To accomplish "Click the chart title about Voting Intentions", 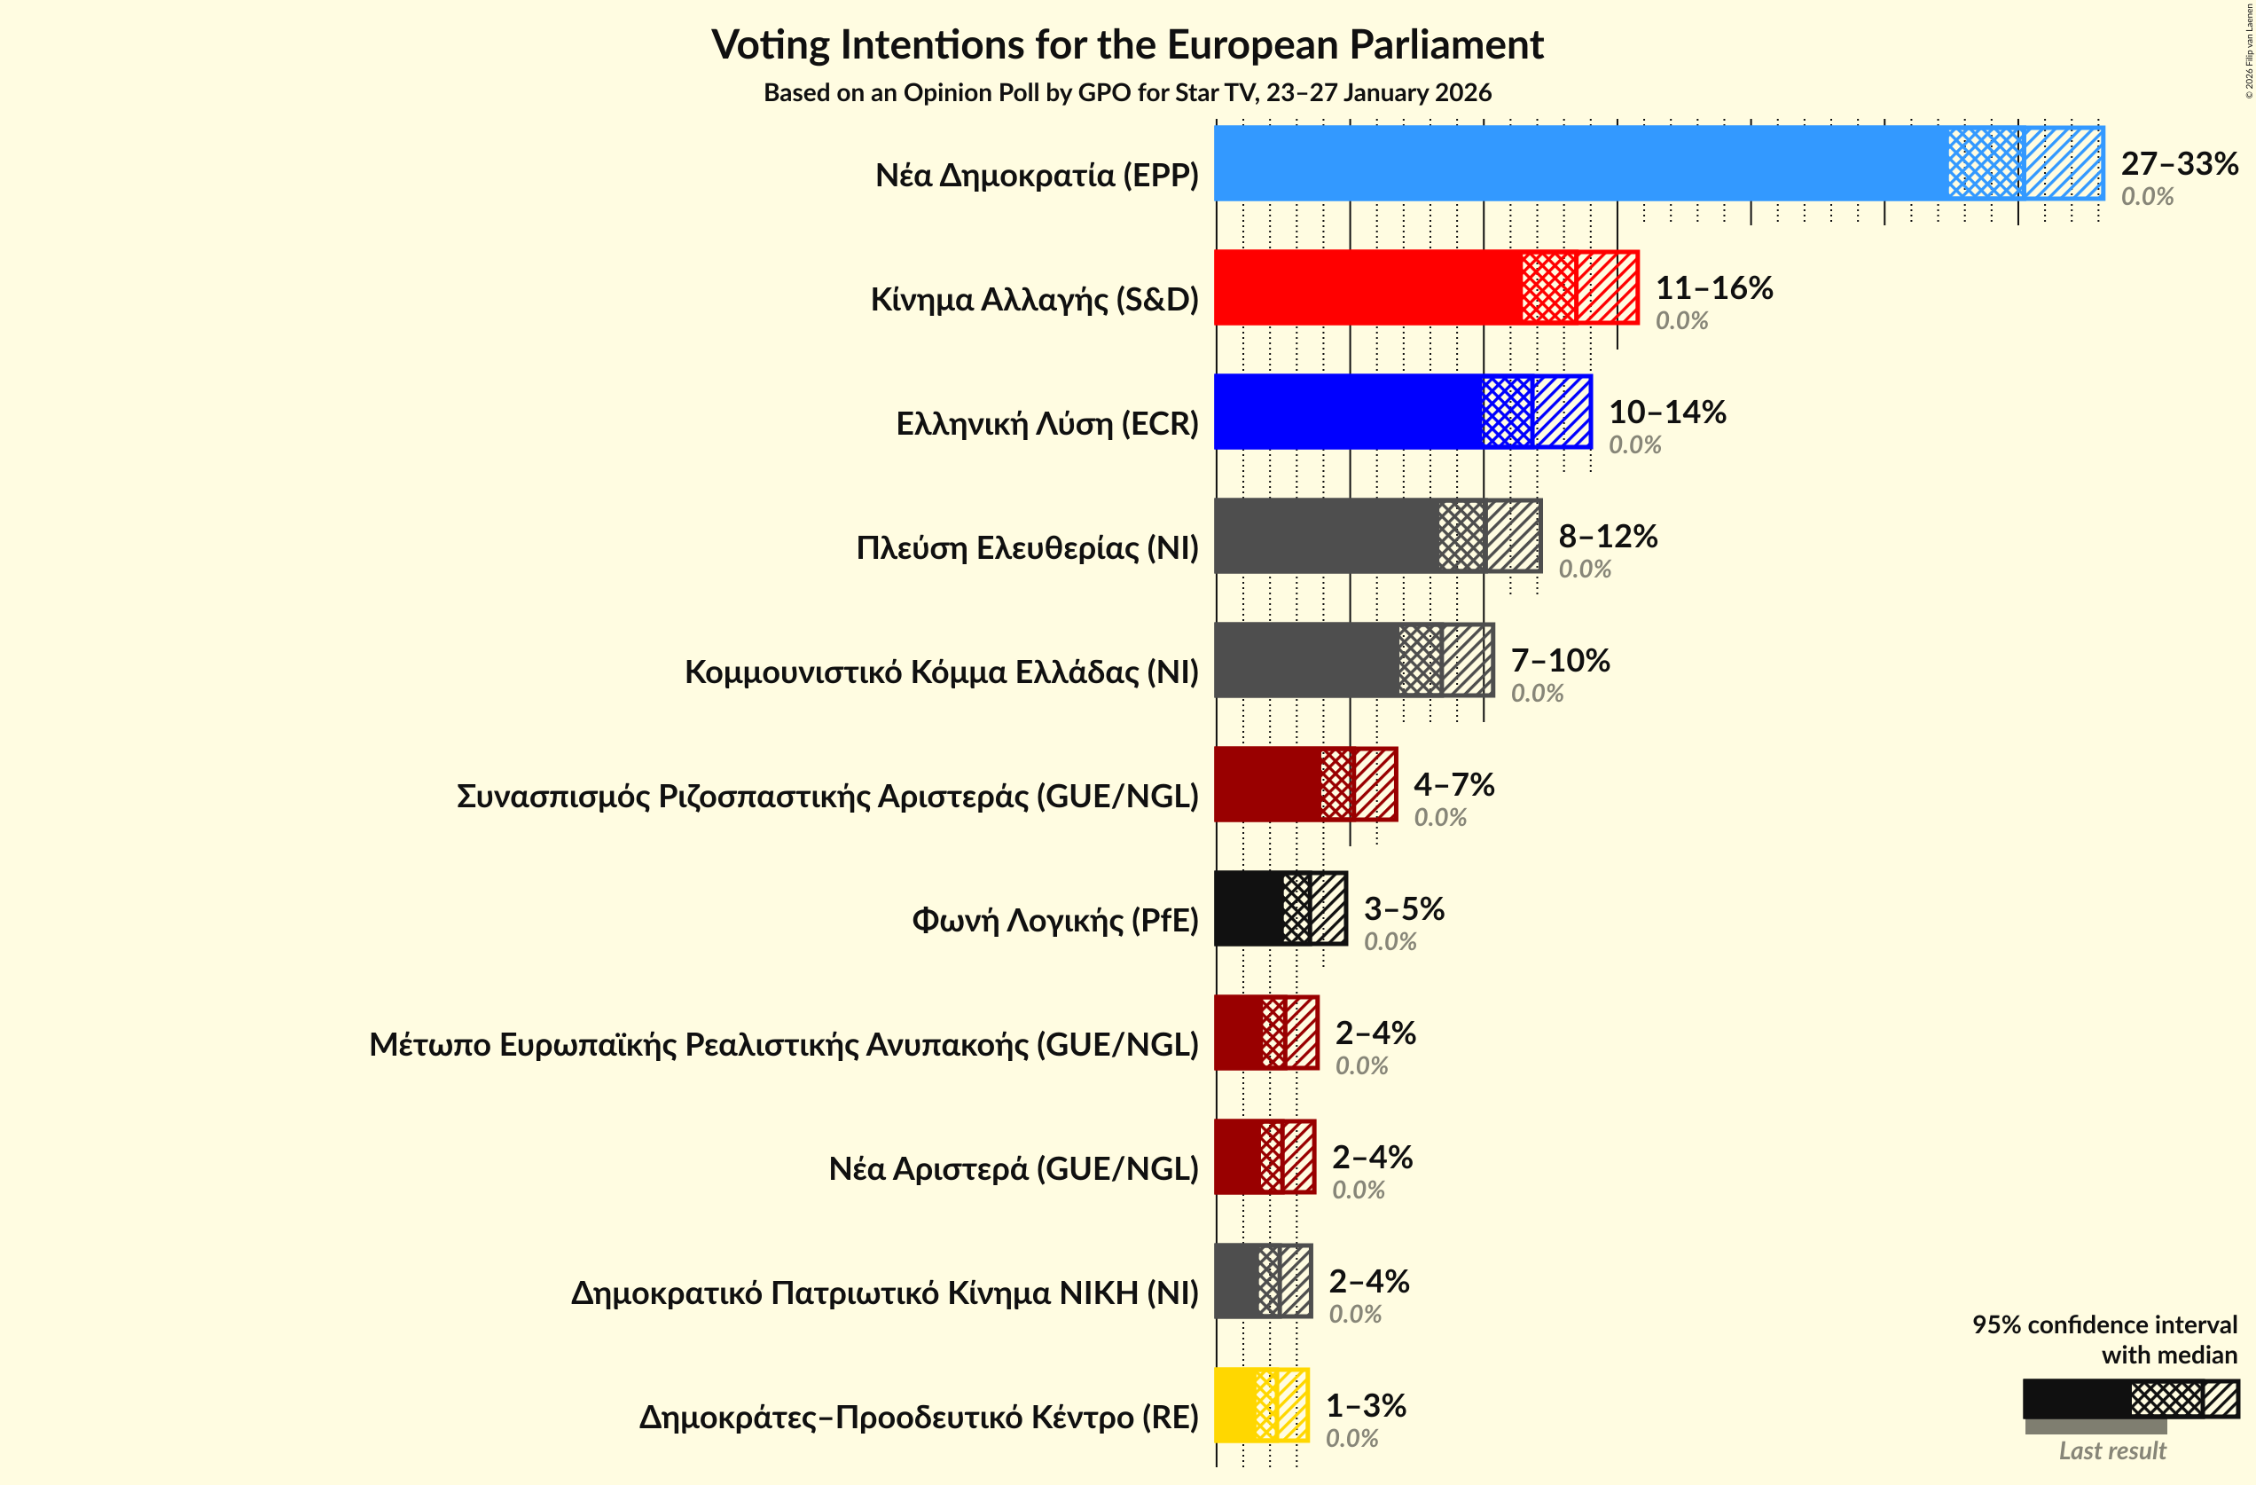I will [x=1127, y=45].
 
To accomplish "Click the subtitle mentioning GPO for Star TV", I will [x=1127, y=93].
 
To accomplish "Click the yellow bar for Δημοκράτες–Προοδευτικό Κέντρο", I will [x=1235, y=1404].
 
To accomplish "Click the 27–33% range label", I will [x=2179, y=164].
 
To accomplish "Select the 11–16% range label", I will [x=1714, y=288].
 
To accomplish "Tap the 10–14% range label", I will [x=1667, y=412].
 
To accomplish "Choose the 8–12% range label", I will [x=1608, y=537].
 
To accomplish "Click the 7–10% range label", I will [x=1560, y=660].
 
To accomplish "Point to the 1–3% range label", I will [x=1365, y=1405].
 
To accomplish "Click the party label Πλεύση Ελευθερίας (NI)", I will [x=1027, y=548].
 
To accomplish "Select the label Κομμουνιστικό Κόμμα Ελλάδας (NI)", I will [x=941, y=672].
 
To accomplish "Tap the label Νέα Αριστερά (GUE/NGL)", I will [x=1014, y=1169].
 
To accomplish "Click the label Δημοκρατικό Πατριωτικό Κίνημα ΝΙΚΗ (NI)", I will [x=884, y=1293].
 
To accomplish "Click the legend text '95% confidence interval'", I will [x=2104, y=1324].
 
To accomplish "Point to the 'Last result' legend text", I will [x=2112, y=1451].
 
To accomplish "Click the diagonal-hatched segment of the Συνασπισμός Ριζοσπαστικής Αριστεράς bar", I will [x=1375, y=784].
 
